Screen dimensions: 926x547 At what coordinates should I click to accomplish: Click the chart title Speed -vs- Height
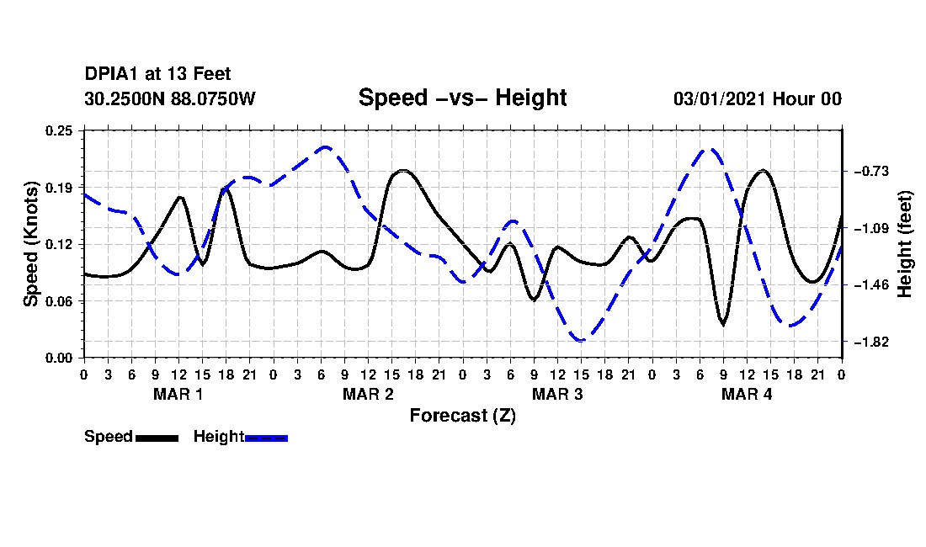(462, 98)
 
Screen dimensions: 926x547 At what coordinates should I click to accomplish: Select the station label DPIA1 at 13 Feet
(157, 74)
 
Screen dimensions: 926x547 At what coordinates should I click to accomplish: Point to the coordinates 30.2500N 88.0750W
(170, 98)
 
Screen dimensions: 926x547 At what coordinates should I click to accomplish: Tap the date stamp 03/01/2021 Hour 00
(758, 98)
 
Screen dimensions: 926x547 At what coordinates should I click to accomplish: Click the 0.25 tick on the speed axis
(59, 130)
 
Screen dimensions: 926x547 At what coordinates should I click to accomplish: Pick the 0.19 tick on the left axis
(59, 188)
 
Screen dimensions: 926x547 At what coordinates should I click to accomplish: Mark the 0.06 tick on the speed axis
(59, 301)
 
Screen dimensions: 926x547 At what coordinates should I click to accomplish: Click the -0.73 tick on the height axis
(870, 171)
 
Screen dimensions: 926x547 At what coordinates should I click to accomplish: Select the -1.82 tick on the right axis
(870, 342)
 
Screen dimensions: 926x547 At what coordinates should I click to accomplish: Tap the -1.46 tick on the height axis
(870, 285)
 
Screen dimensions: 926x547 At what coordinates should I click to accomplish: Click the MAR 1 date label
(178, 394)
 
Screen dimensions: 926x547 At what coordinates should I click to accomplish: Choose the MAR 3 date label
(557, 394)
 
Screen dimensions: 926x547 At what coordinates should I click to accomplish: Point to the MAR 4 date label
(747, 394)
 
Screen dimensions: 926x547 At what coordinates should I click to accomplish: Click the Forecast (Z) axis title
(463, 416)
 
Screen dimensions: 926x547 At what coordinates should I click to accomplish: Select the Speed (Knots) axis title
(30, 244)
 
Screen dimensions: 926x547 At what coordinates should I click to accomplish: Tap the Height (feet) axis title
(905, 244)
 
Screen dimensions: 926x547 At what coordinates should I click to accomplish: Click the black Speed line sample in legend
(157, 438)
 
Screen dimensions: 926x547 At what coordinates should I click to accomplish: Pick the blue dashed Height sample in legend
(266, 438)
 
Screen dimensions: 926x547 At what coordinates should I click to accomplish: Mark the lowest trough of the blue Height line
(581, 341)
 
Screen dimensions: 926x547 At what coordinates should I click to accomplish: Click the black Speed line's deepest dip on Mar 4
(723, 323)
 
